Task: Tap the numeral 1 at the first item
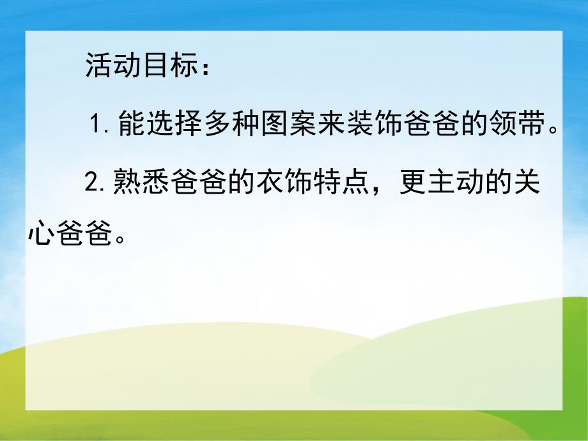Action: (x=97, y=123)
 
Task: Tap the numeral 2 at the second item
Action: (x=91, y=185)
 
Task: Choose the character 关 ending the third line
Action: (x=525, y=184)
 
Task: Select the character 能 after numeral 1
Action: (x=132, y=123)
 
